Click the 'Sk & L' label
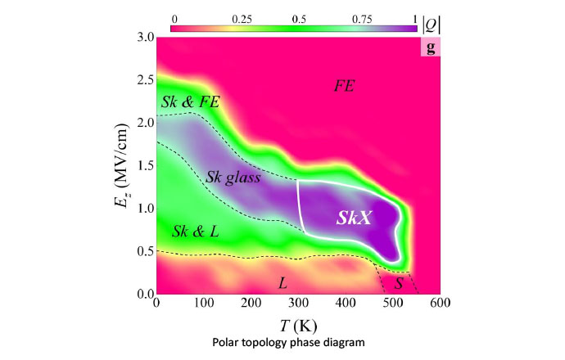[x=195, y=232]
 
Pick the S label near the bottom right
[x=399, y=284]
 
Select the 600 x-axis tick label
[x=441, y=303]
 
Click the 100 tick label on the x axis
[x=204, y=303]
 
